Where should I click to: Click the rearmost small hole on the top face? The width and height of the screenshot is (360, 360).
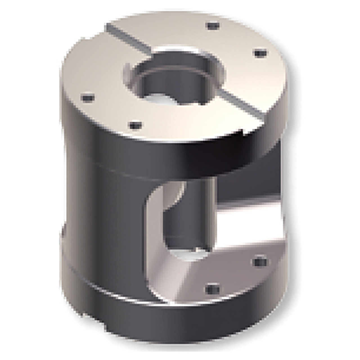point(213,26)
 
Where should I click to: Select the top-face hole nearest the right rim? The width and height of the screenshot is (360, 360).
point(260,53)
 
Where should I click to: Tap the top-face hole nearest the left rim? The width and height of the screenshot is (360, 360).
point(87,98)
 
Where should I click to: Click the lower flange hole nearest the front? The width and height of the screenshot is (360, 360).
point(213,289)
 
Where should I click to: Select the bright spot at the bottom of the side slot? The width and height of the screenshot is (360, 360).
point(188,253)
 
